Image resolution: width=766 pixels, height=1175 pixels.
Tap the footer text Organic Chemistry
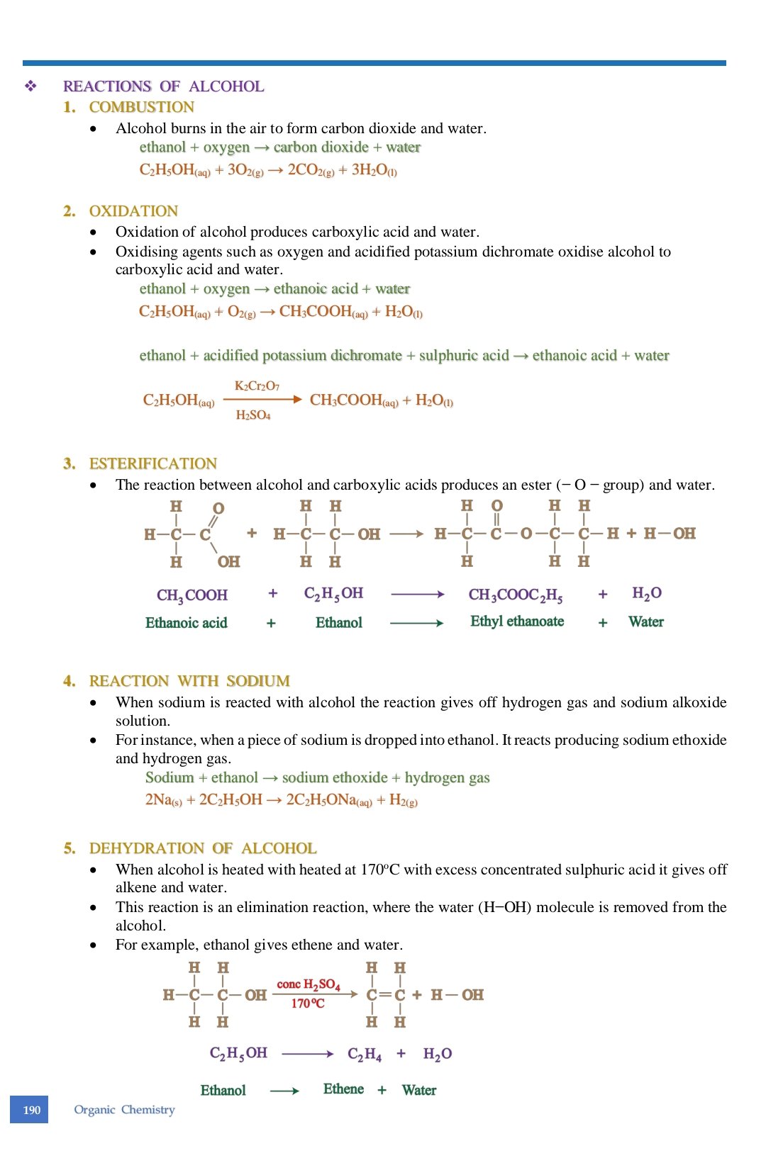coord(124,1109)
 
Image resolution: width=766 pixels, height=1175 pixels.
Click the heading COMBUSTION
coord(141,107)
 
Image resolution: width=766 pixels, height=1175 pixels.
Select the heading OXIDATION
coord(133,211)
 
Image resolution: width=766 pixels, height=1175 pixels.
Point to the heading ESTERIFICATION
coord(152,463)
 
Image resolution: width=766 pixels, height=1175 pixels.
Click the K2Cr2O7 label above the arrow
coord(257,386)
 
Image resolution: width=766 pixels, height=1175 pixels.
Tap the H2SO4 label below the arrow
coord(253,415)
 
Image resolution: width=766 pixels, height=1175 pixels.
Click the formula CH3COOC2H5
coord(516,595)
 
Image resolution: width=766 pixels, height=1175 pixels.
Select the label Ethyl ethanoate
coord(517,622)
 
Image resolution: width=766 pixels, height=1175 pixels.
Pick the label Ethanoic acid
coord(186,623)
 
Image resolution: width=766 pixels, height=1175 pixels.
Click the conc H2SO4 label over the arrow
coord(309,984)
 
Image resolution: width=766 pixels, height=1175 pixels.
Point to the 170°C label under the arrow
coord(308,1003)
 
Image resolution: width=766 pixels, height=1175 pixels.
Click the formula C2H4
coord(365,1055)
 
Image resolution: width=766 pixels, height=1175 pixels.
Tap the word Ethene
coord(343,1089)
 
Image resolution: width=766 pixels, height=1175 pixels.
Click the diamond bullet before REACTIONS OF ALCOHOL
coord(30,86)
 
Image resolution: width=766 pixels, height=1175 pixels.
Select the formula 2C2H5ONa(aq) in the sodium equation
coord(329,800)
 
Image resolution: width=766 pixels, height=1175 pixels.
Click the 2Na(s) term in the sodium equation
coord(163,800)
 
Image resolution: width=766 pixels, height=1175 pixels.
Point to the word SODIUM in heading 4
coord(258,681)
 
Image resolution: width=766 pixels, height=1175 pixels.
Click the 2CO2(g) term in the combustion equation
coord(310,170)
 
